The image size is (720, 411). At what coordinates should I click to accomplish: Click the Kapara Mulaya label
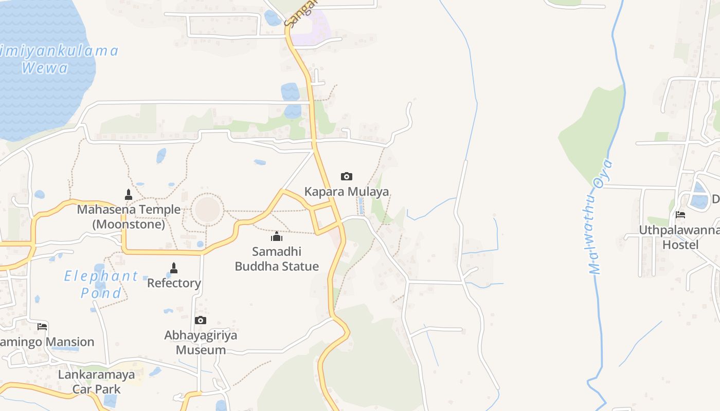click(x=347, y=192)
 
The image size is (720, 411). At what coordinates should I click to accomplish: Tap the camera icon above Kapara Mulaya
click(x=347, y=177)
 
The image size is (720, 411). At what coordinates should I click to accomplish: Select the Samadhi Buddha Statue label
click(x=277, y=259)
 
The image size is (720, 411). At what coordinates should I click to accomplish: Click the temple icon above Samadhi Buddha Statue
click(x=277, y=236)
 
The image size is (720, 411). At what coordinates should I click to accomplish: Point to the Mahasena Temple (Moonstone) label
click(x=129, y=217)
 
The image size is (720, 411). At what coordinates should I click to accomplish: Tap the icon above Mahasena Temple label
click(x=129, y=194)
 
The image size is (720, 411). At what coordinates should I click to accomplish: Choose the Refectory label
click(x=174, y=283)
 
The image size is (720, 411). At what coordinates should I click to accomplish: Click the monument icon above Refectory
click(x=174, y=268)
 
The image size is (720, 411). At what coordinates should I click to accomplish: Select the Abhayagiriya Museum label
click(x=201, y=343)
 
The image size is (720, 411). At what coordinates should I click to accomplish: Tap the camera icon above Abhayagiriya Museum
click(x=201, y=321)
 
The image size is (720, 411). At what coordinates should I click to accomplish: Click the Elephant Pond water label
click(x=101, y=284)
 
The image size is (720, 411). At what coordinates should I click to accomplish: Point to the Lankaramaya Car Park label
click(x=96, y=382)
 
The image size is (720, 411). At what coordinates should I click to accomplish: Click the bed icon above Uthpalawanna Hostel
click(x=680, y=215)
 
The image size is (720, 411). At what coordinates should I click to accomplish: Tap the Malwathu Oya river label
click(x=601, y=217)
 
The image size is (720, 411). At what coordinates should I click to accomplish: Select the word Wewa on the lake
click(x=45, y=68)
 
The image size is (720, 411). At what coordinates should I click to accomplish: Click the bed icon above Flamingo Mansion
click(x=42, y=326)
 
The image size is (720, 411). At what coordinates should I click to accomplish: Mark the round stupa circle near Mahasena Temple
click(x=208, y=210)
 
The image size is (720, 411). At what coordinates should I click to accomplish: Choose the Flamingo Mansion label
click(x=46, y=342)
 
